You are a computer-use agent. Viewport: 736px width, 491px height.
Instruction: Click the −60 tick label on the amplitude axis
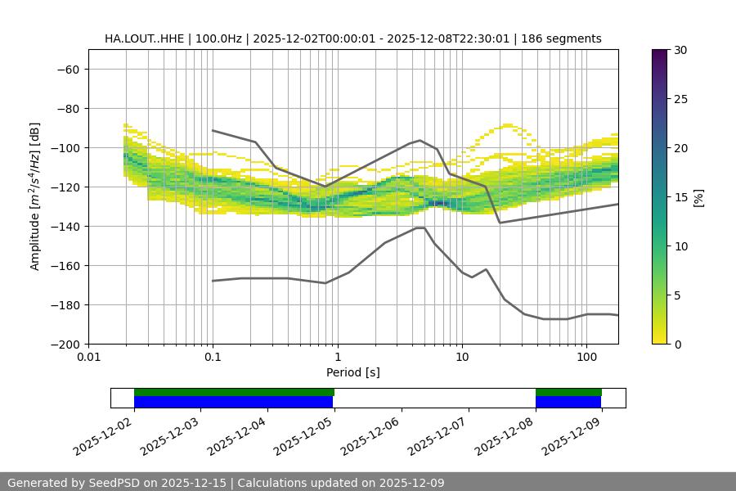coord(67,69)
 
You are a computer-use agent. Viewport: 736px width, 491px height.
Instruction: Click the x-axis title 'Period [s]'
coord(353,372)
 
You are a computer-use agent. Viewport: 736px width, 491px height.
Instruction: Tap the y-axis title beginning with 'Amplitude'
coord(35,196)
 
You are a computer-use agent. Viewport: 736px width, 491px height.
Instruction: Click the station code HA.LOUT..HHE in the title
coord(144,38)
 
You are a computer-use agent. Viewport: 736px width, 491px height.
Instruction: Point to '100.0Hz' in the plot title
coord(218,38)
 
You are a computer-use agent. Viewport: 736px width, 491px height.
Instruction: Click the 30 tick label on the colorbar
coord(680,50)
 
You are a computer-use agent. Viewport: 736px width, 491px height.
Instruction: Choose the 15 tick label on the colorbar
coord(680,196)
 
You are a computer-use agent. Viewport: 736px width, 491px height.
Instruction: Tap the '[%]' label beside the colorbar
coord(698,196)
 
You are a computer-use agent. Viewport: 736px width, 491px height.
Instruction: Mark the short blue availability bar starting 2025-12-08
coord(568,402)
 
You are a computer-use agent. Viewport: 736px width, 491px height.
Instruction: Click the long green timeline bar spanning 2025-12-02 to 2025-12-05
coord(234,392)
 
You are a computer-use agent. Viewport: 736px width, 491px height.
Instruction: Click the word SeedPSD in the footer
coord(114,483)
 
